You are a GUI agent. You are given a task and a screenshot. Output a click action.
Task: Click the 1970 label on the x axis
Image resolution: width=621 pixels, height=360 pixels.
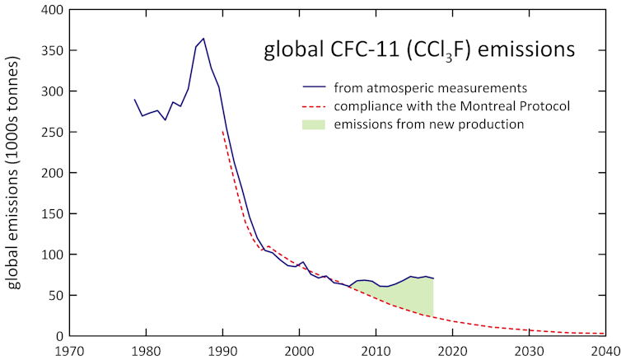click(69, 350)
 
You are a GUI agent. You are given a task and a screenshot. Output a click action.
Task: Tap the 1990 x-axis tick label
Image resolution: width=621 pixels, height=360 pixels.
click(222, 350)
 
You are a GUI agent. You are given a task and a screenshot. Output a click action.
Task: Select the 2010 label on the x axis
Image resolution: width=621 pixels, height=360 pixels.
click(376, 350)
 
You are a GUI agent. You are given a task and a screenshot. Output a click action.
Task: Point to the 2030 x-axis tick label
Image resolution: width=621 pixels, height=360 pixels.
click(528, 350)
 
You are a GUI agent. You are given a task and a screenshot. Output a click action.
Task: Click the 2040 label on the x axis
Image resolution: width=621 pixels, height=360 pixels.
click(604, 350)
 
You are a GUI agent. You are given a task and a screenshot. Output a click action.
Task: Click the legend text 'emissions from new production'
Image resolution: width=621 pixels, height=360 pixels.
click(428, 124)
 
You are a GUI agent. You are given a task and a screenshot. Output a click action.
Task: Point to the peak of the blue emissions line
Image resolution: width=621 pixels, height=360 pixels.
click(203, 38)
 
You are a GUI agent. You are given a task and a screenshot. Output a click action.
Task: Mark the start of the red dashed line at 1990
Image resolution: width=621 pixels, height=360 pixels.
click(222, 130)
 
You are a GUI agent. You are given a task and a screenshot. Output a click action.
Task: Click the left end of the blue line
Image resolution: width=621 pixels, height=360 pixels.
click(135, 100)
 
